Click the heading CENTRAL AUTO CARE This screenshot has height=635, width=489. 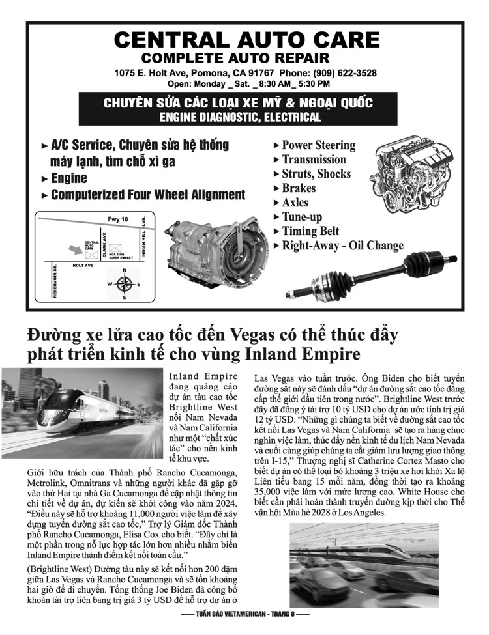point(246,40)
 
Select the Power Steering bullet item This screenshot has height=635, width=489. point(318,145)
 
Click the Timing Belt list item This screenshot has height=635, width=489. point(310,231)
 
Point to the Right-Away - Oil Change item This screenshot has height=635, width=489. point(342,246)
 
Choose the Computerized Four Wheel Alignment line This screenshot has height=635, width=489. point(147,195)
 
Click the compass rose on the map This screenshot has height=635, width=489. point(124,285)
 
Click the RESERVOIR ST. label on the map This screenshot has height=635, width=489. point(56,280)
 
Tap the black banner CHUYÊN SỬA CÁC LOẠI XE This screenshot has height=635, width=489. point(237,110)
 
